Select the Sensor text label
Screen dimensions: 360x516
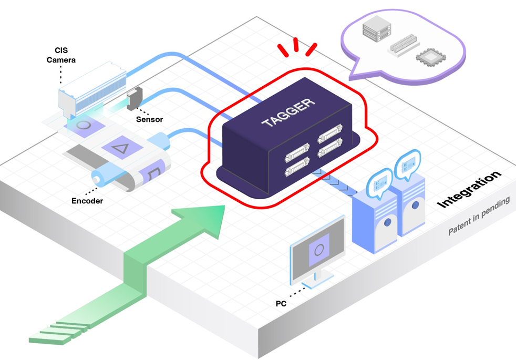coord(149,119)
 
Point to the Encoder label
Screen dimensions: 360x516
coord(87,200)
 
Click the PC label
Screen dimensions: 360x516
coord(281,303)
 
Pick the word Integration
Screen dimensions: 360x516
coord(469,189)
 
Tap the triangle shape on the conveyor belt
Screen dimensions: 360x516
coord(121,148)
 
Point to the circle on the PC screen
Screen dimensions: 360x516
coord(319,249)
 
